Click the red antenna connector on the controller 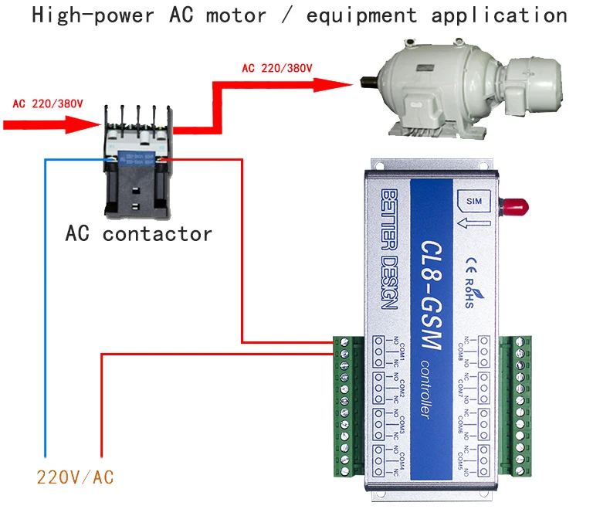coord(512,206)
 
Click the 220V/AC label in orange coord(75,477)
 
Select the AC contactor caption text coord(138,233)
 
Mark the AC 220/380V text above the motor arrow coord(277,68)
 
